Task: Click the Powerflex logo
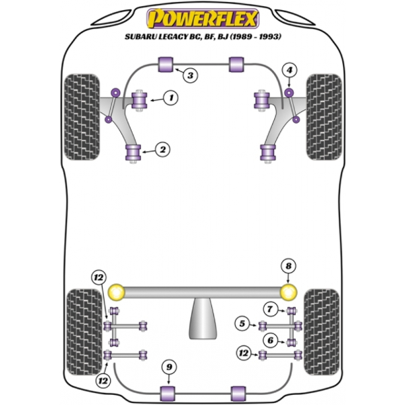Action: click(x=202, y=16)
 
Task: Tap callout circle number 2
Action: click(x=162, y=149)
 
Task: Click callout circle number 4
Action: click(x=290, y=70)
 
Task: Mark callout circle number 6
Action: click(x=270, y=340)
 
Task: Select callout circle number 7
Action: click(x=270, y=310)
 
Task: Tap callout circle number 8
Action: click(x=289, y=266)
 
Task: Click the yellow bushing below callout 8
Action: click(x=289, y=292)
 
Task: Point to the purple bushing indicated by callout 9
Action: click(x=169, y=392)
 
